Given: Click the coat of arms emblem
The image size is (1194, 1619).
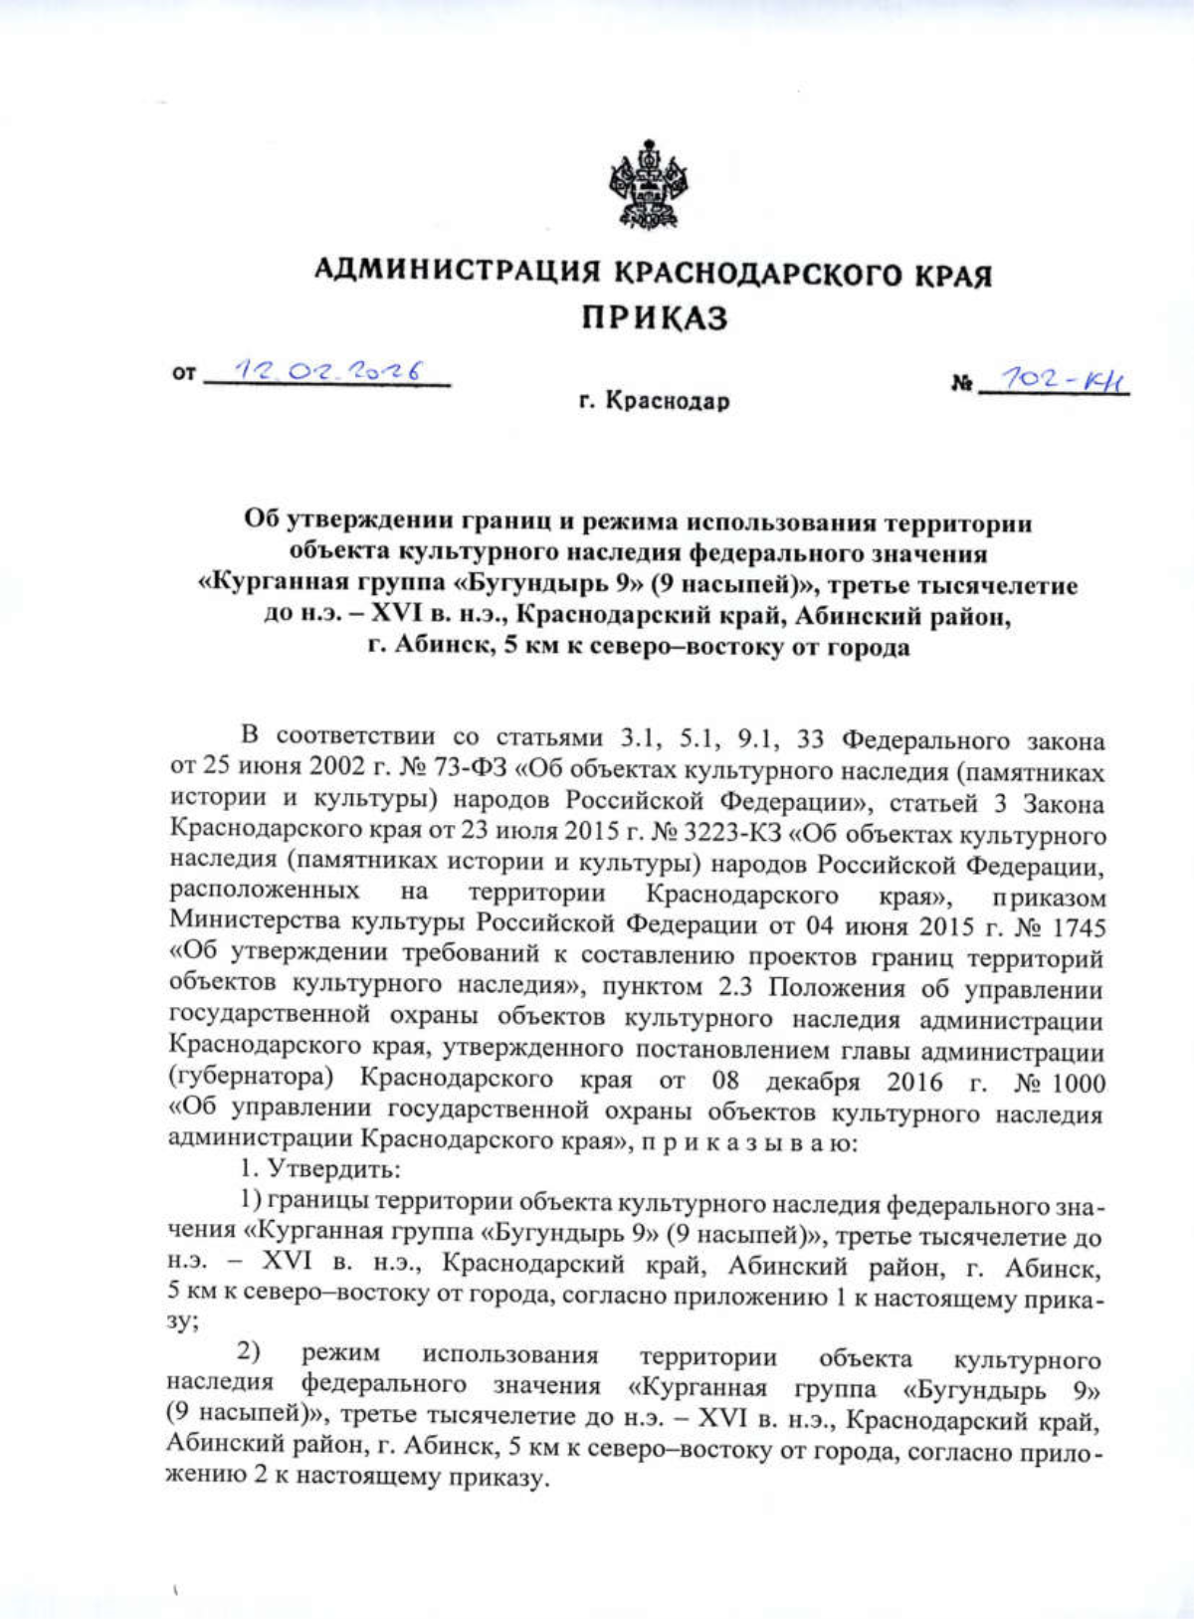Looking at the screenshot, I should (x=649, y=186).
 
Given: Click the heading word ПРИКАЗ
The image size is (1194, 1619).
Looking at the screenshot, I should (x=656, y=318).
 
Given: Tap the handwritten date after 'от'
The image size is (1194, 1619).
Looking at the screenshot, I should (x=327, y=372).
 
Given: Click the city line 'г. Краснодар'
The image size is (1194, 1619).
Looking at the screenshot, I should (x=655, y=402).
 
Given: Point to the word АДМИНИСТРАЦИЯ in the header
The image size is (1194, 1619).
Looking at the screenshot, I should (x=458, y=271).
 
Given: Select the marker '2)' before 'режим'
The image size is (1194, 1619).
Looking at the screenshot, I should (x=249, y=1352).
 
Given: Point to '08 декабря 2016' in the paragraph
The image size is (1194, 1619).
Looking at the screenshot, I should (x=828, y=1082).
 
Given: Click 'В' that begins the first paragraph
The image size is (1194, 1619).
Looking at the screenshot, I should (x=251, y=736).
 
